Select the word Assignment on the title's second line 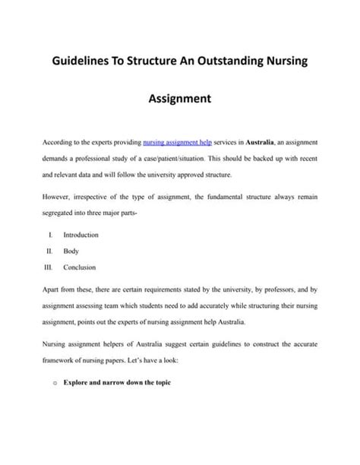(179, 98)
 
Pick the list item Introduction (81, 235)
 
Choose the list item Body (71, 251)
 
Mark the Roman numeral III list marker (47, 267)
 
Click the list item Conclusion (80, 267)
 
